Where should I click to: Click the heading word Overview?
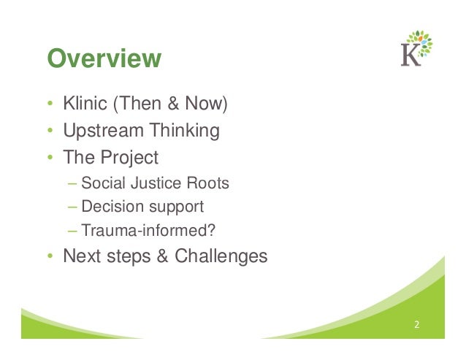point(104,59)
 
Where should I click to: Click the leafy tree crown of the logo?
point(421,42)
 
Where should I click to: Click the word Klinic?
point(85,105)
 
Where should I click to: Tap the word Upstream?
point(102,131)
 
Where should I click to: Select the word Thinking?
point(183,131)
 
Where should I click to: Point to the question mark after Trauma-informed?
point(213,231)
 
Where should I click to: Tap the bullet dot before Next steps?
point(50,258)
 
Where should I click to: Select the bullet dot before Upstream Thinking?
point(50,132)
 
